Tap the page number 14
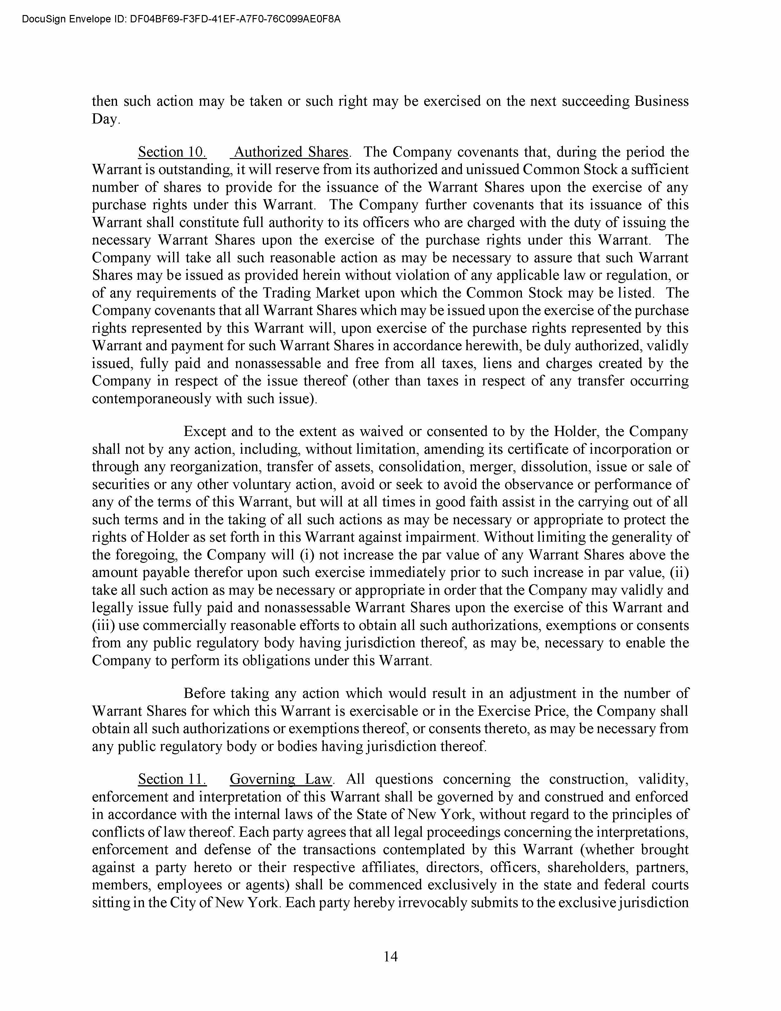point(390,956)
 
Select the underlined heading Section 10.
point(172,152)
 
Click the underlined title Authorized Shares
point(291,152)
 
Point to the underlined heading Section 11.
point(172,779)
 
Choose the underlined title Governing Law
point(281,779)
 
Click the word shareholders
point(585,867)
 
